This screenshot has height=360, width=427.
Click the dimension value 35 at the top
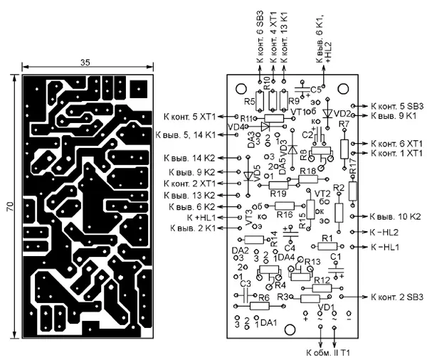(x=85, y=63)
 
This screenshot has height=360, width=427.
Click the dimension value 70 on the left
(x=10, y=205)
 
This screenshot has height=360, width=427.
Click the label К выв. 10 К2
(x=396, y=216)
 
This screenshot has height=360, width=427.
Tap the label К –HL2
(x=389, y=232)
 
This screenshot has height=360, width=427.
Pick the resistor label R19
(x=278, y=194)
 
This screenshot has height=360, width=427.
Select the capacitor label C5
(x=315, y=90)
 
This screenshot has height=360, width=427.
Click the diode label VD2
(x=342, y=114)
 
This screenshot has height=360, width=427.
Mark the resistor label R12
(x=322, y=281)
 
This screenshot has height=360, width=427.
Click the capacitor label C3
(x=245, y=284)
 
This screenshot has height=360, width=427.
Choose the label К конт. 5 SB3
(x=394, y=105)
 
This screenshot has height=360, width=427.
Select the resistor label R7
(x=345, y=125)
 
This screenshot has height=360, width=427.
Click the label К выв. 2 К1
(x=192, y=228)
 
